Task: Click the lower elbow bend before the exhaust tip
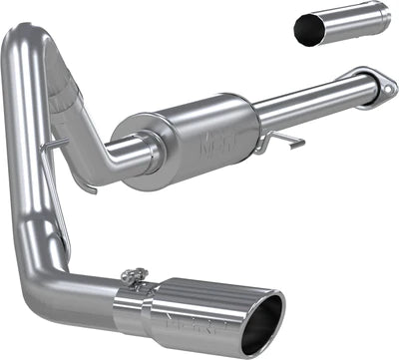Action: coord(45,289)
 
